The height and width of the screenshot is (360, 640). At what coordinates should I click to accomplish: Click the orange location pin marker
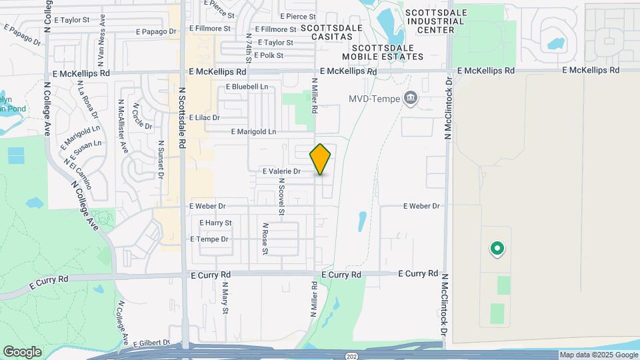320,159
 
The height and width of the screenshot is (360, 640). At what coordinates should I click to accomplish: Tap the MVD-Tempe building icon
411,99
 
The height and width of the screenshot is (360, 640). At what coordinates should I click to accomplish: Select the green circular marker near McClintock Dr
496,249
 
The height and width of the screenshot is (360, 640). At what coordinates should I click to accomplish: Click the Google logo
22,352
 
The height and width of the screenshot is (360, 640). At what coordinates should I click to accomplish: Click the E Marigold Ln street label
253,132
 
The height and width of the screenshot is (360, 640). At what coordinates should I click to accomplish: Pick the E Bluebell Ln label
247,87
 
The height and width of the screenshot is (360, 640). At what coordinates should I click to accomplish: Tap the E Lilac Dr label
204,117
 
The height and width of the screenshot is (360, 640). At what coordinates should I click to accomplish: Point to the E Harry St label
215,223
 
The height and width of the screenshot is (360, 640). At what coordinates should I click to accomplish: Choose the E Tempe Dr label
209,239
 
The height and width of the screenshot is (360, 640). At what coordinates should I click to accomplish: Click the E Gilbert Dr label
152,343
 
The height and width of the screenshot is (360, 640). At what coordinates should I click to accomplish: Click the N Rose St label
265,239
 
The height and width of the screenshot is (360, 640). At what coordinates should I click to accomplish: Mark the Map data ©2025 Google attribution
598,355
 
